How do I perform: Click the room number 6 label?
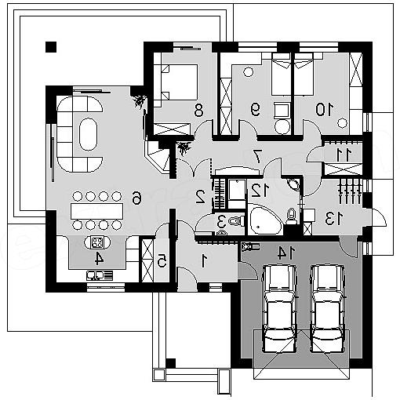coord(136,198)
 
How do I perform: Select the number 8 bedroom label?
coord(198,110)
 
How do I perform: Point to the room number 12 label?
coord(260,190)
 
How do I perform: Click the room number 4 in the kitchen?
coord(99,259)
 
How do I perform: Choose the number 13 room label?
coord(334,219)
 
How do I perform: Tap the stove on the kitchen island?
coord(97,242)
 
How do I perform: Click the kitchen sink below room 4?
coord(100,275)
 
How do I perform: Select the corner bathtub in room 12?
coord(264,220)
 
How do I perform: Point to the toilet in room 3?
coord(236,221)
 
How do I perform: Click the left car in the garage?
coord(280,308)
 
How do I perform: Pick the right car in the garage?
coord(327,308)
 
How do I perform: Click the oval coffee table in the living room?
coord(88,134)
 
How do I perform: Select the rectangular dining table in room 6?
coord(96,211)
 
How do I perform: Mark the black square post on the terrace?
coord(51,47)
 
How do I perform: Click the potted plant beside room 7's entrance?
coord(184,148)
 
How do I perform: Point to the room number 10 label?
coord(325,110)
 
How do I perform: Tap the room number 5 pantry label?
coord(162,260)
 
